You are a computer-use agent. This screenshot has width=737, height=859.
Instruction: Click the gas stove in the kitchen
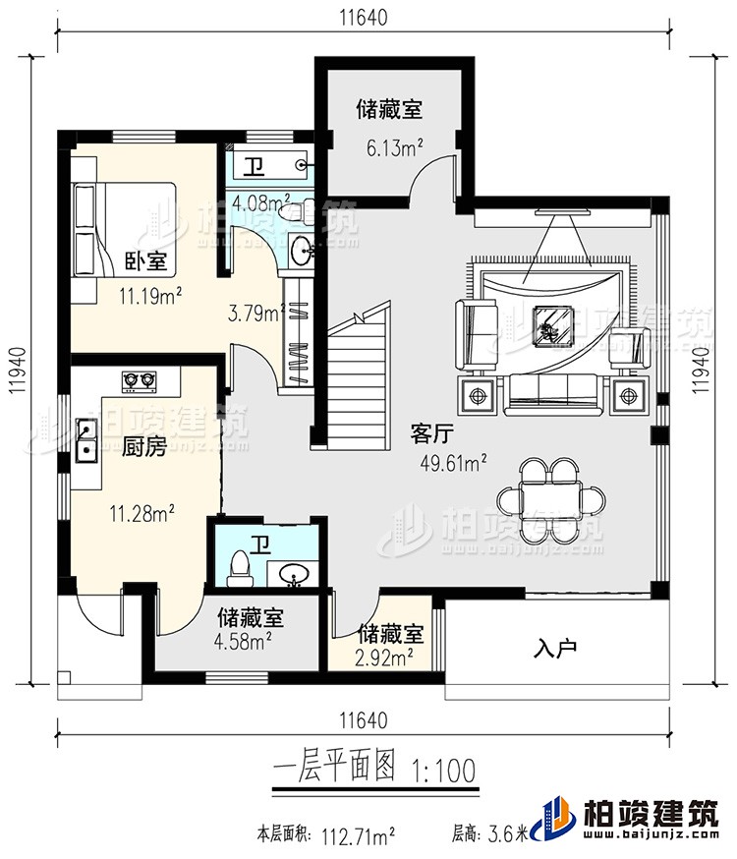(x=140, y=378)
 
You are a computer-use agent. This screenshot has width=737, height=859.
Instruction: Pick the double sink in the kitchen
(x=85, y=439)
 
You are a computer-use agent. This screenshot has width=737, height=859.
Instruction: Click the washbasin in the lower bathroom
(x=292, y=573)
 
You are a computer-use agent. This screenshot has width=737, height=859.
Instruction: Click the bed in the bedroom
(x=123, y=229)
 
